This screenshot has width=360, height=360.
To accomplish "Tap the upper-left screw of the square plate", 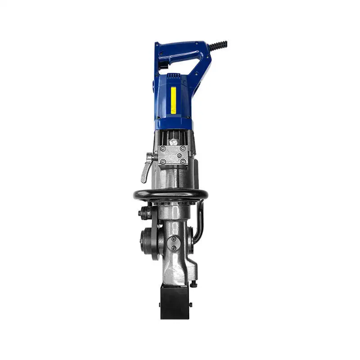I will point(163,149).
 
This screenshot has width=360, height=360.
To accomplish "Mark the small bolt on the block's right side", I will point(190,305).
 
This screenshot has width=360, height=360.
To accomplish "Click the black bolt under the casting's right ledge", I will point(193,283).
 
